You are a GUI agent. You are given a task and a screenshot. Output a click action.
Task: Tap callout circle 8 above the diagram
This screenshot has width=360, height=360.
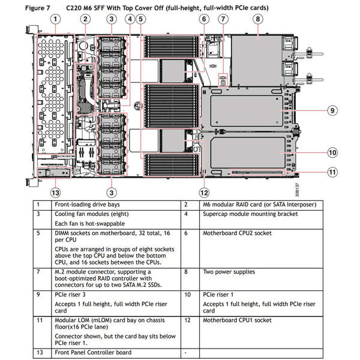point(257,19)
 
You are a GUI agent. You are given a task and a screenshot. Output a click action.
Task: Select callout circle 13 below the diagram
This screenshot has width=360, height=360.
point(55,193)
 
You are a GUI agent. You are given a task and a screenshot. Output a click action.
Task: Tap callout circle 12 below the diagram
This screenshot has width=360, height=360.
point(204,193)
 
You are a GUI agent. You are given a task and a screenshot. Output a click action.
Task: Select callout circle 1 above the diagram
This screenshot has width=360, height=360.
point(55,19)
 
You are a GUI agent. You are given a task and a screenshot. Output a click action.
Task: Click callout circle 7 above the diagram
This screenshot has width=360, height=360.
point(223,19)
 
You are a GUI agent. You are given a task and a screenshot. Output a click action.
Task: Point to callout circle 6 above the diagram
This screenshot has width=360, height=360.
point(204,19)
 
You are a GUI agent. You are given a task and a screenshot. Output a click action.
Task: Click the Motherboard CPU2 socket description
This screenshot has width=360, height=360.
point(233,233)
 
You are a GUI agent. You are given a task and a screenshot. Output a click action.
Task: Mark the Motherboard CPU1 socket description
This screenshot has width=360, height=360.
point(233,320)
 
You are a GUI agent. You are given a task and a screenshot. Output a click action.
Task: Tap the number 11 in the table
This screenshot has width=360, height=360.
point(39,320)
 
